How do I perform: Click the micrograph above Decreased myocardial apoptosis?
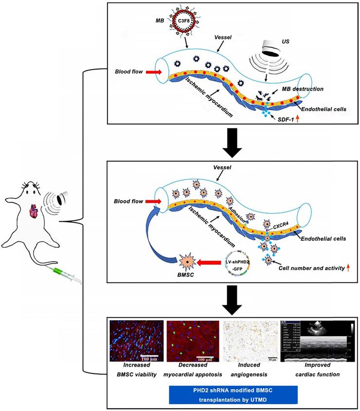tap(191, 341)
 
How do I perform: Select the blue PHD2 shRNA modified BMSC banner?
tap(232, 393)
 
